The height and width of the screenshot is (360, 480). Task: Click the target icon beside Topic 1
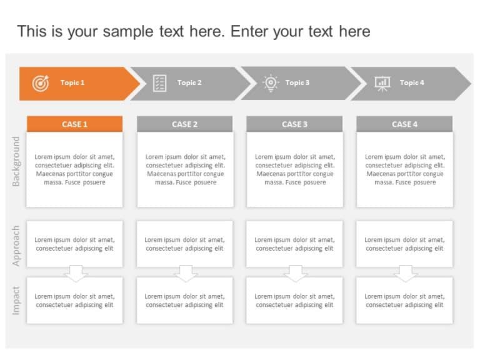click(x=40, y=82)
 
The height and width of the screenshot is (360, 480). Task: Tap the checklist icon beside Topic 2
click(x=160, y=82)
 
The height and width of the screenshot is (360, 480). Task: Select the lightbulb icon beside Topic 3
click(x=270, y=82)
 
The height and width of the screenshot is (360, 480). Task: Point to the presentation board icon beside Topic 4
click(x=382, y=82)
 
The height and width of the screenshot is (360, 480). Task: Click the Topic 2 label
click(x=189, y=82)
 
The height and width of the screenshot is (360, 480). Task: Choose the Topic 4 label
click(x=412, y=82)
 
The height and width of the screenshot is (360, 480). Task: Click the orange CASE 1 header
click(x=74, y=124)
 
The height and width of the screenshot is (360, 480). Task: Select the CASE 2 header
click(x=185, y=124)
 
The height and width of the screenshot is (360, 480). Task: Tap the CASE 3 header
click(x=294, y=124)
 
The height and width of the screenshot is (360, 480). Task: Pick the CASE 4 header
click(x=404, y=124)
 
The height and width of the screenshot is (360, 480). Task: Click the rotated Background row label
click(x=16, y=161)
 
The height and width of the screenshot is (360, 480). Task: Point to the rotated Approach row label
click(x=16, y=246)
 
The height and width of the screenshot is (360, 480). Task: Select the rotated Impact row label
click(x=16, y=300)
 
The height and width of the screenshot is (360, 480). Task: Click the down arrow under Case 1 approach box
click(x=76, y=273)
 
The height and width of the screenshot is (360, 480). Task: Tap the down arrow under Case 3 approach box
click(x=296, y=273)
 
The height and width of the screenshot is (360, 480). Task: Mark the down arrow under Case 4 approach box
click(x=406, y=273)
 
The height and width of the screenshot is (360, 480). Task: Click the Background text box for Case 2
click(x=186, y=169)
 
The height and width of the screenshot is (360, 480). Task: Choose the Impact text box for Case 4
click(x=404, y=301)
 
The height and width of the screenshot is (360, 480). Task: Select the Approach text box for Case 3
click(x=294, y=244)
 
